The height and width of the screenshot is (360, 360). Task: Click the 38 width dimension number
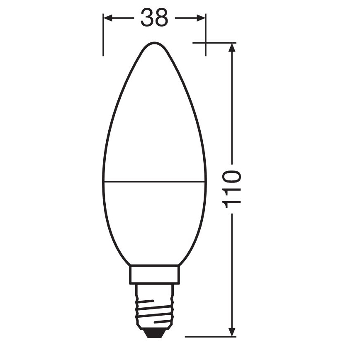pos(154,18)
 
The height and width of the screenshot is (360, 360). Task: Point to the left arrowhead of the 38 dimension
pos(107,18)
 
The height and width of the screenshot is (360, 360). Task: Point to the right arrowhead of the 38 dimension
pos(201,18)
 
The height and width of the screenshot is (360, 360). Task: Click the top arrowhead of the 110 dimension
pos(232,47)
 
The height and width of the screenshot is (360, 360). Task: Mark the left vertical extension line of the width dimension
pos(103,37)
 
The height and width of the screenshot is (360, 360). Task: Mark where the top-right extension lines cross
pos(205,43)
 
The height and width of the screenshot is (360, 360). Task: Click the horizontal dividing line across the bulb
pos(154,181)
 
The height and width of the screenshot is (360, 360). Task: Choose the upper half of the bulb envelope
pos(154,124)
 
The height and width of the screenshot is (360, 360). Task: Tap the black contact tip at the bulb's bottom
pos(154,331)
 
